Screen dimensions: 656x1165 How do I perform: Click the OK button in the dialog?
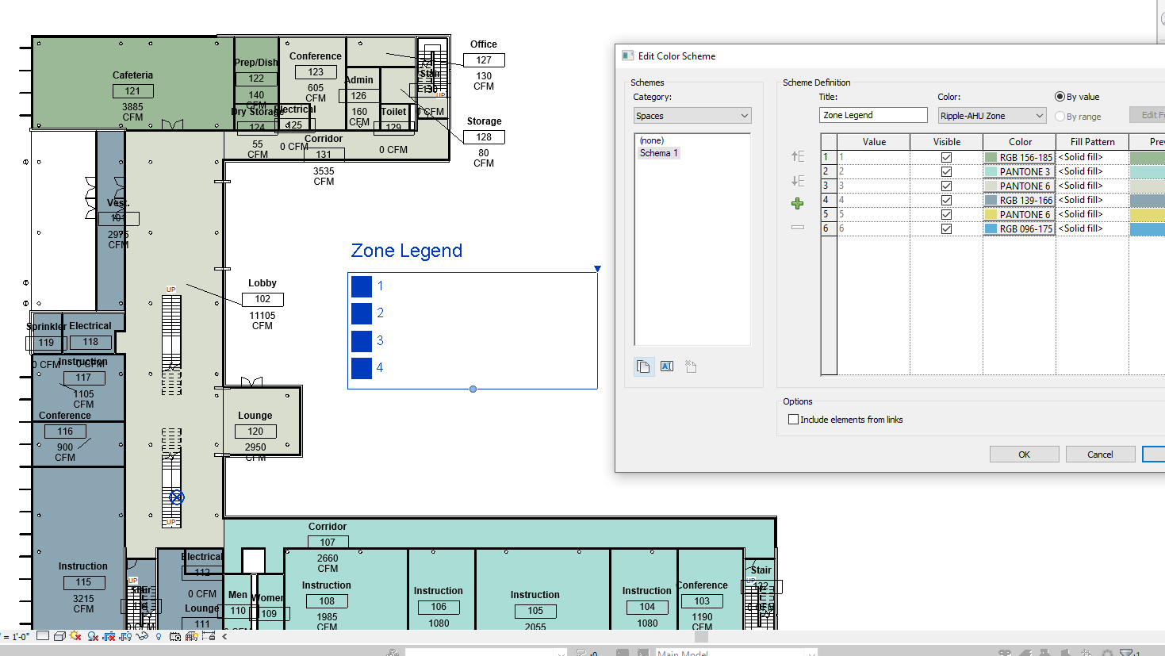(x=1024, y=455)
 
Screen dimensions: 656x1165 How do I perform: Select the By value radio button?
(x=1060, y=97)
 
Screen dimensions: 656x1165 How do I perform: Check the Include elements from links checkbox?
(x=793, y=420)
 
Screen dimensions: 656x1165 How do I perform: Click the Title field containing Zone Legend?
(x=872, y=115)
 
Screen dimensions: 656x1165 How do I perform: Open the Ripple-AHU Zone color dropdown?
(x=991, y=116)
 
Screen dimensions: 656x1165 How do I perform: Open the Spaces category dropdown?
(x=692, y=116)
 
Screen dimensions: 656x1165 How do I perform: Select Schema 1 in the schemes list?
(x=659, y=153)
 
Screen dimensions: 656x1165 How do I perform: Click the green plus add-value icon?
(x=798, y=204)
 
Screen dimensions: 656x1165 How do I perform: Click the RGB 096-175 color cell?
(x=1019, y=228)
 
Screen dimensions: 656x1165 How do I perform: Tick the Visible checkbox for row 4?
(x=946, y=200)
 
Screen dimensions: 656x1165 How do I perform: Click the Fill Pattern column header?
(x=1092, y=142)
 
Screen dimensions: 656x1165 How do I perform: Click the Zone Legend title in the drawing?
(x=406, y=251)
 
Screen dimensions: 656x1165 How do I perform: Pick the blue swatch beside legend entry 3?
(x=362, y=341)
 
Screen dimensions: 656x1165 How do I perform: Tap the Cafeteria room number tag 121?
(x=132, y=91)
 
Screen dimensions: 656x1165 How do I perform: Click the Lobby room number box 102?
(x=263, y=299)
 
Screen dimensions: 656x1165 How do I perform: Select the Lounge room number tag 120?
(x=255, y=432)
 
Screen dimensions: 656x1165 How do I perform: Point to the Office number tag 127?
(x=484, y=60)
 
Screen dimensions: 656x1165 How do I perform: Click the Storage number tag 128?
(x=484, y=137)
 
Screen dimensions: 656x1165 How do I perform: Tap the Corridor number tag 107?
(x=328, y=543)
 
